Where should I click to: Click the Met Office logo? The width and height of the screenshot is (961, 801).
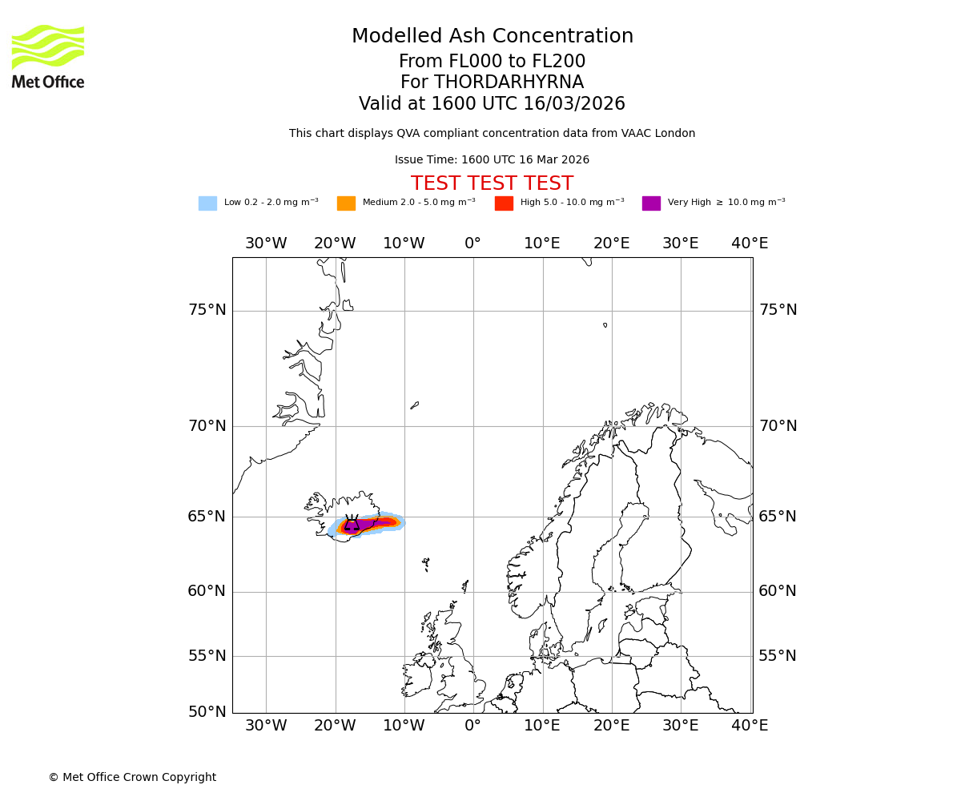(48, 56)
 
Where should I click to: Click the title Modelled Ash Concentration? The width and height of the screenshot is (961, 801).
(492, 37)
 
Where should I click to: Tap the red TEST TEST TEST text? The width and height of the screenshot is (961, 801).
(492, 184)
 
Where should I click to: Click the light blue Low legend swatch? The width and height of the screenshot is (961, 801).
(207, 203)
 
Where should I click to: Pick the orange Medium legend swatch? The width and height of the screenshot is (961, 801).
(346, 203)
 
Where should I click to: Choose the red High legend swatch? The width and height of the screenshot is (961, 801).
(504, 203)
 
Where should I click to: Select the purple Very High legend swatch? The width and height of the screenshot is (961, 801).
(651, 203)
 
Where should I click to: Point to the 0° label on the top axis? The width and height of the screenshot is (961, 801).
(473, 244)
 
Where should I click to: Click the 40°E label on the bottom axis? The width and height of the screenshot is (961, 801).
(750, 726)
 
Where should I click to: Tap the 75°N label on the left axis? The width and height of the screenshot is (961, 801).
(207, 310)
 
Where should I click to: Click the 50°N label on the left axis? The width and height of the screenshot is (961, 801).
(207, 711)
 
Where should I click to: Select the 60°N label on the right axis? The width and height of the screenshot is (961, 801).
(778, 591)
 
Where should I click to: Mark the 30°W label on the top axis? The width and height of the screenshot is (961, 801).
(266, 244)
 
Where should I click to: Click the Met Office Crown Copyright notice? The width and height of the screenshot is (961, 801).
(132, 777)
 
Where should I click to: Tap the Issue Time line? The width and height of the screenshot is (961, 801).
(492, 160)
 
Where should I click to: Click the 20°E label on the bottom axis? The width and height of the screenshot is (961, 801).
(612, 726)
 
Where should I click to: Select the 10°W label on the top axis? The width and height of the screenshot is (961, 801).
(404, 244)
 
